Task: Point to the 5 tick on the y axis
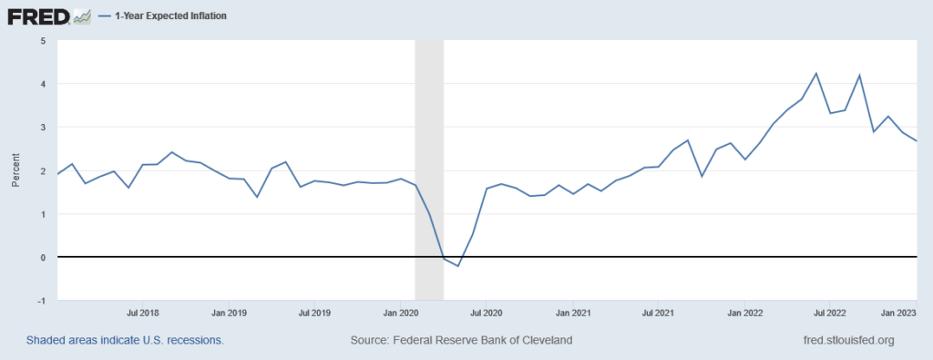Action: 43,41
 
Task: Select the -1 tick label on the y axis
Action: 41,301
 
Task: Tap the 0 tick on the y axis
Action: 43,258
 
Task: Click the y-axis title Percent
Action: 15,170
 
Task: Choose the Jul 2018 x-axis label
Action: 143,312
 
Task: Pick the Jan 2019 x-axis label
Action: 229,312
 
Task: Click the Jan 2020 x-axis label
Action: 401,312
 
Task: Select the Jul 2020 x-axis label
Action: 486,312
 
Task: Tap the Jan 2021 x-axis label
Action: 572,312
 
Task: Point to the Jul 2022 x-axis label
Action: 829,312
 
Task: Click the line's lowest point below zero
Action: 457,266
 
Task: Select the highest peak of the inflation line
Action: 816,73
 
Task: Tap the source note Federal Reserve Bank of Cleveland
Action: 461,341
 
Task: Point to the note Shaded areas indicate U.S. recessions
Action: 125,341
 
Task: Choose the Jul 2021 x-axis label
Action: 658,312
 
